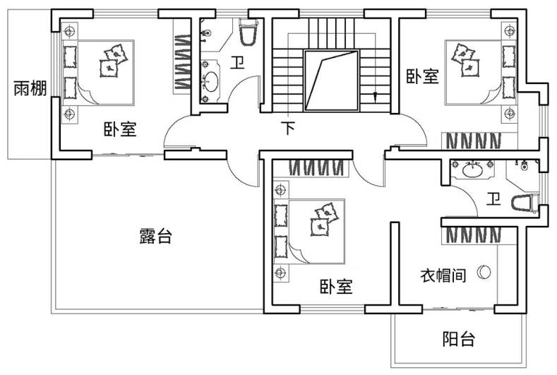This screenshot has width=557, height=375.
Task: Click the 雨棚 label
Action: click(x=30, y=88)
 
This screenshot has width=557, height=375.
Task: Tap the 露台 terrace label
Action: click(x=155, y=235)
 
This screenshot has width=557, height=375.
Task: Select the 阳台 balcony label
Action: click(x=459, y=339)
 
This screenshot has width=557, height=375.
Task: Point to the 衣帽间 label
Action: click(x=443, y=275)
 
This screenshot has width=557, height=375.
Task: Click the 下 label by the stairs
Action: click(x=289, y=128)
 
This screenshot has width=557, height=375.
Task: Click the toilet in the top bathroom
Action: click(x=248, y=32)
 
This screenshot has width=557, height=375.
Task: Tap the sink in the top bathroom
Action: click(x=211, y=81)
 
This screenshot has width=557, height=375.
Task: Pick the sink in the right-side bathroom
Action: click(x=472, y=169)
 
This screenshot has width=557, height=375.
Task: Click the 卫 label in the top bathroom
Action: click(x=237, y=63)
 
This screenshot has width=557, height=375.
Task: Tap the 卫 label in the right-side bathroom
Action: click(x=493, y=199)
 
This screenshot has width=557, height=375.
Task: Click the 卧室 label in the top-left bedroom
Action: click(x=120, y=129)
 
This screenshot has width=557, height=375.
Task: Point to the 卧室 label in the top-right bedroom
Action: click(x=422, y=76)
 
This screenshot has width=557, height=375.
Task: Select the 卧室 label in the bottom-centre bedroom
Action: click(x=336, y=287)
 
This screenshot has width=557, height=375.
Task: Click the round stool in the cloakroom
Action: click(x=484, y=272)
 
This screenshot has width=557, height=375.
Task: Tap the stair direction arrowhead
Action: click(x=375, y=96)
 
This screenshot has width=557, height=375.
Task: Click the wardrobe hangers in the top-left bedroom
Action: click(x=182, y=61)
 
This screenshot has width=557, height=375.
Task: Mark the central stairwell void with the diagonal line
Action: click(x=332, y=81)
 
